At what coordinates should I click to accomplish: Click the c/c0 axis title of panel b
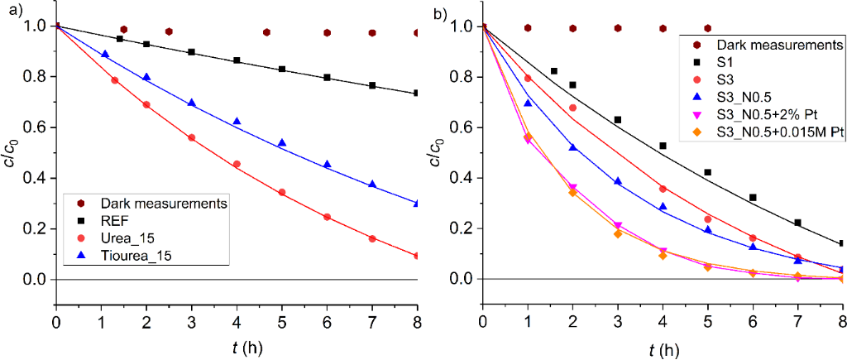tap(440, 153)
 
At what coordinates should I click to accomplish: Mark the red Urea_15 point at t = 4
tap(237, 164)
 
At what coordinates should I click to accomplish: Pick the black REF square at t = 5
tap(282, 69)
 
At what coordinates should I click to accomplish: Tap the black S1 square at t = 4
tap(663, 146)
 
